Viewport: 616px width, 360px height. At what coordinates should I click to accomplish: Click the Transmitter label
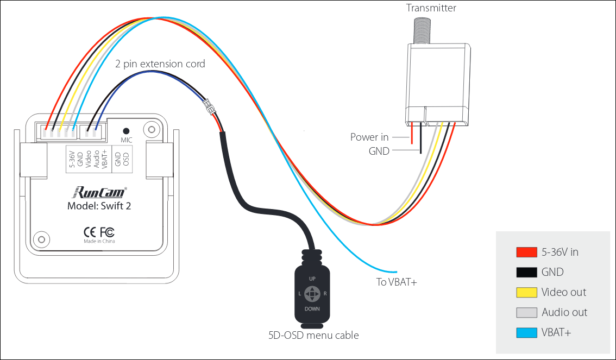point(431,8)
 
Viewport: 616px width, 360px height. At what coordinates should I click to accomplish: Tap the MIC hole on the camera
point(127,131)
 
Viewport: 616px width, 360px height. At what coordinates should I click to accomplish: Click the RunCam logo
point(99,192)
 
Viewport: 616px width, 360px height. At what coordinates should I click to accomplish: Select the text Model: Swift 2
point(99,206)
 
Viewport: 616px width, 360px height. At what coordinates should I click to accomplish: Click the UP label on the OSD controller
point(312,279)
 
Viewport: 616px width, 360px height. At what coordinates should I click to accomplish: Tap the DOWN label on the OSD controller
point(312,308)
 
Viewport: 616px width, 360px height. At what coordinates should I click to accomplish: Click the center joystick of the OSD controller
point(312,294)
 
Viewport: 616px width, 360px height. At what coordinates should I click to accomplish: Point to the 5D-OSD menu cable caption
point(313,335)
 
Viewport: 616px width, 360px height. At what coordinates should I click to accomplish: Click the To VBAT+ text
point(397,282)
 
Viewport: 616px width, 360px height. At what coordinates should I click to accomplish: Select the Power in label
point(369,137)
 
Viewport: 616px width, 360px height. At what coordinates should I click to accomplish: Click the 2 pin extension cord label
point(160,64)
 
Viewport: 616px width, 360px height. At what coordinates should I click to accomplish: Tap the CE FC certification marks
point(99,231)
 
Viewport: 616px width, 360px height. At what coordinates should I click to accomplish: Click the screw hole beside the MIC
point(152,130)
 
